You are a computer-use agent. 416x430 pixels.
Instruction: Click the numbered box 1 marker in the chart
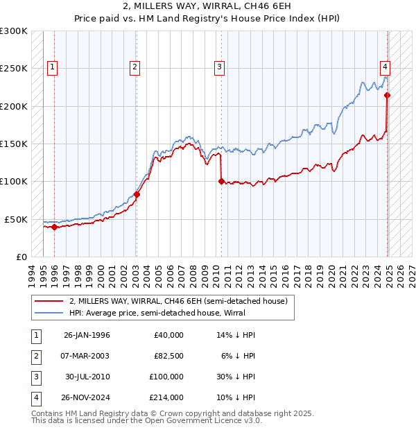tap(53, 67)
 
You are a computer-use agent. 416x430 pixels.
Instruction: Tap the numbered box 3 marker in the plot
tap(218, 67)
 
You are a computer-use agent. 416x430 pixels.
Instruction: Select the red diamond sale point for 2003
tap(137, 195)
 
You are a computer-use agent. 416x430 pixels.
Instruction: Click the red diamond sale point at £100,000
tap(221, 182)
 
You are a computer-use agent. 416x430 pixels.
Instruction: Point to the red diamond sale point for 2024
tap(387, 96)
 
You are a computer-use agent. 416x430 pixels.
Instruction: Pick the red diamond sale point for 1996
tap(54, 227)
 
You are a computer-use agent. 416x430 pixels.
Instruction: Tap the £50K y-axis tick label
tap(17, 219)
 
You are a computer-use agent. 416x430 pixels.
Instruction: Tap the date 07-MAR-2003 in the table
tap(87, 356)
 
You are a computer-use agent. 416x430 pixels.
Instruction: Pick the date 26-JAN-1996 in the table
tap(87, 335)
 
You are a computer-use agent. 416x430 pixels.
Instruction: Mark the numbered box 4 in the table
tap(36, 397)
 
